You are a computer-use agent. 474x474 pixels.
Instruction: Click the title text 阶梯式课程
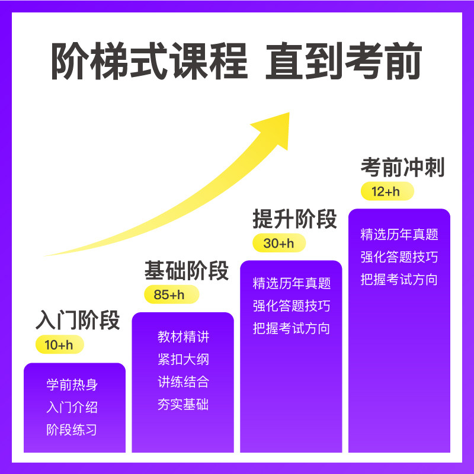pyautogui.click(x=149, y=62)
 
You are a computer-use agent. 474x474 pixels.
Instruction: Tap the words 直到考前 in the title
pyautogui.click(x=343, y=62)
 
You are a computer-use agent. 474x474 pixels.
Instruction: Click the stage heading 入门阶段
pyautogui.click(x=78, y=320)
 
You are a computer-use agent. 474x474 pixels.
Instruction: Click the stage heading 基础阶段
pyautogui.click(x=187, y=270)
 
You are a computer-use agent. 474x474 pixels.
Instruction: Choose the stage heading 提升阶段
pyautogui.click(x=294, y=219)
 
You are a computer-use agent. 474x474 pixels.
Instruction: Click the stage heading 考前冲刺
pyautogui.click(x=402, y=168)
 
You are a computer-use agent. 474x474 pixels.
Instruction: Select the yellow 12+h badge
pyautogui.click(x=386, y=191)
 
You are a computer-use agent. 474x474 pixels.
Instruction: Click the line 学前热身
pyautogui.click(x=72, y=385)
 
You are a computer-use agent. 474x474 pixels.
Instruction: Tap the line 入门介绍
pyautogui.click(x=72, y=408)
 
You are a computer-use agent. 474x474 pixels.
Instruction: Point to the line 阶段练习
pyautogui.click(x=72, y=430)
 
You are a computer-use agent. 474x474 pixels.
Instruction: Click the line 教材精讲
pyautogui.click(x=184, y=337)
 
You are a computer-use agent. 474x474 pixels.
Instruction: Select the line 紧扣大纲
pyautogui.click(x=184, y=360)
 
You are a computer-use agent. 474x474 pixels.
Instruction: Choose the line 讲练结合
pyautogui.click(x=184, y=382)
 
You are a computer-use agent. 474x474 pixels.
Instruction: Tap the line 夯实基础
pyautogui.click(x=184, y=405)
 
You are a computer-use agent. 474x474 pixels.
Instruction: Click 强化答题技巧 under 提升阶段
pyautogui.click(x=292, y=306)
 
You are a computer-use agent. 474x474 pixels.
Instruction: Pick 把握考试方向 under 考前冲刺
pyautogui.click(x=399, y=280)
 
